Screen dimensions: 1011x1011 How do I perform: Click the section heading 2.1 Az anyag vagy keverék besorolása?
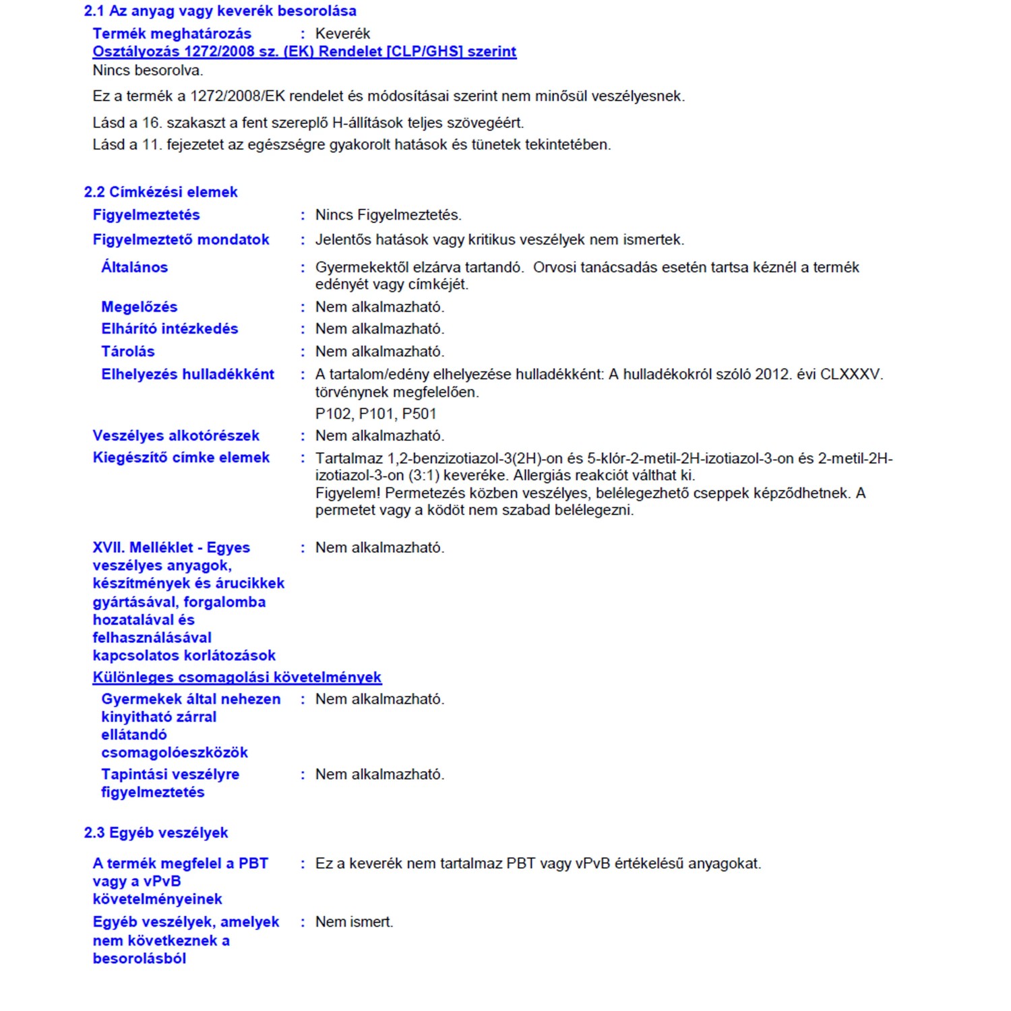[220, 11]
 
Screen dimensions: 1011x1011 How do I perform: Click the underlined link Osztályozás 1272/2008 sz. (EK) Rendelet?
[304, 52]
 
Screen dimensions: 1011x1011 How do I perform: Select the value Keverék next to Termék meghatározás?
[342, 34]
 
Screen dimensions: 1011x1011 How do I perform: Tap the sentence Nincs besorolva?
[148, 70]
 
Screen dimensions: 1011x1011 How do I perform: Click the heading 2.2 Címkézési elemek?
[160, 192]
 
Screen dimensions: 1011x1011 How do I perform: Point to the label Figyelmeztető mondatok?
[181, 240]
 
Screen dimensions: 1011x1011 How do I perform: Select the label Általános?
[134, 268]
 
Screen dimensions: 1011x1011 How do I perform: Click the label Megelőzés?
[139, 307]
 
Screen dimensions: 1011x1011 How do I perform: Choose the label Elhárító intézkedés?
[169, 329]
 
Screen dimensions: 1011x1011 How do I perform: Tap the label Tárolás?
[127, 352]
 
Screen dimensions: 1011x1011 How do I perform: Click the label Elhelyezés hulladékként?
[187, 375]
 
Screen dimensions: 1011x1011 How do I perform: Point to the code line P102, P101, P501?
[375, 414]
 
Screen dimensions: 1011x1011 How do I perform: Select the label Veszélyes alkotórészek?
[176, 436]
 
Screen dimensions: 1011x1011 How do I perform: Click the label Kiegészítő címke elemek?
[181, 458]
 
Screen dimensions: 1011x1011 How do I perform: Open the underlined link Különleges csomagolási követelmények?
[237, 677]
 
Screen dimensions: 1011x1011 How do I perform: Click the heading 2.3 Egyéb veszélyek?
[156, 833]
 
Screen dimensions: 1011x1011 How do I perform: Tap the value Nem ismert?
[354, 922]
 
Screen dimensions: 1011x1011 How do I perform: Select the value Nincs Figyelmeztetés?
[388, 215]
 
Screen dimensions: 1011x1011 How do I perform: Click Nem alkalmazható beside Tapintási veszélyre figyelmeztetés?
[379, 774]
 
